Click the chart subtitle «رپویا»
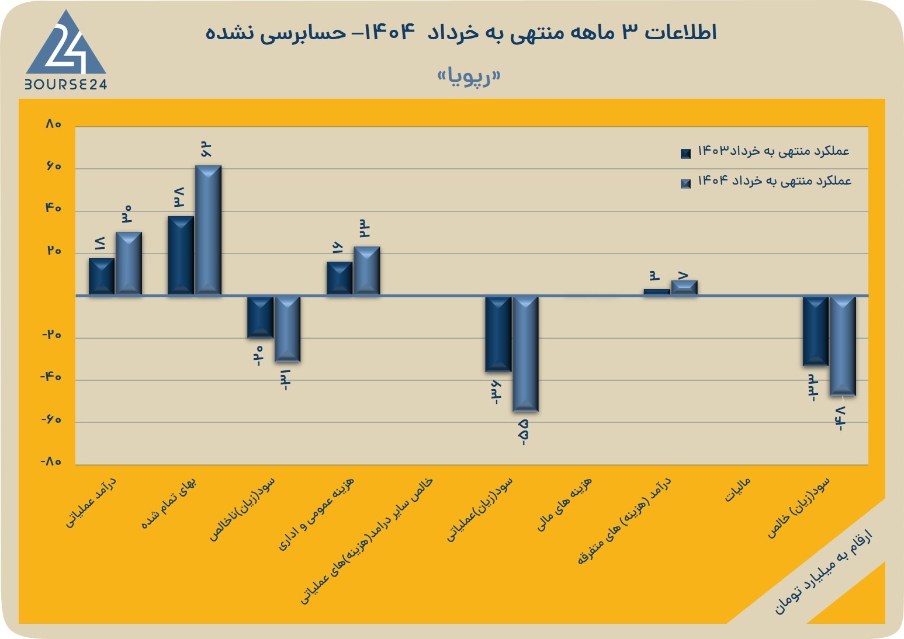click(469, 77)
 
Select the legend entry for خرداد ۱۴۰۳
click(765, 152)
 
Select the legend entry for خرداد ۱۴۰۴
click(766, 181)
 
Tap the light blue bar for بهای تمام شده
click(208, 230)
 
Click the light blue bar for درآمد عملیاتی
click(129, 263)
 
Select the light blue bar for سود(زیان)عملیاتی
click(525, 354)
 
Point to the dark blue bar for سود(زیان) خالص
click(816, 332)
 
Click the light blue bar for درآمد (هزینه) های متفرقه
click(684, 287)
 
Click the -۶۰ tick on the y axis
click(51, 420)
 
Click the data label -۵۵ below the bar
click(524, 432)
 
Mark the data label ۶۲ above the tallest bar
click(206, 150)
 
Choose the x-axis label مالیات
click(737, 489)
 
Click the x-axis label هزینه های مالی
click(564, 504)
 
